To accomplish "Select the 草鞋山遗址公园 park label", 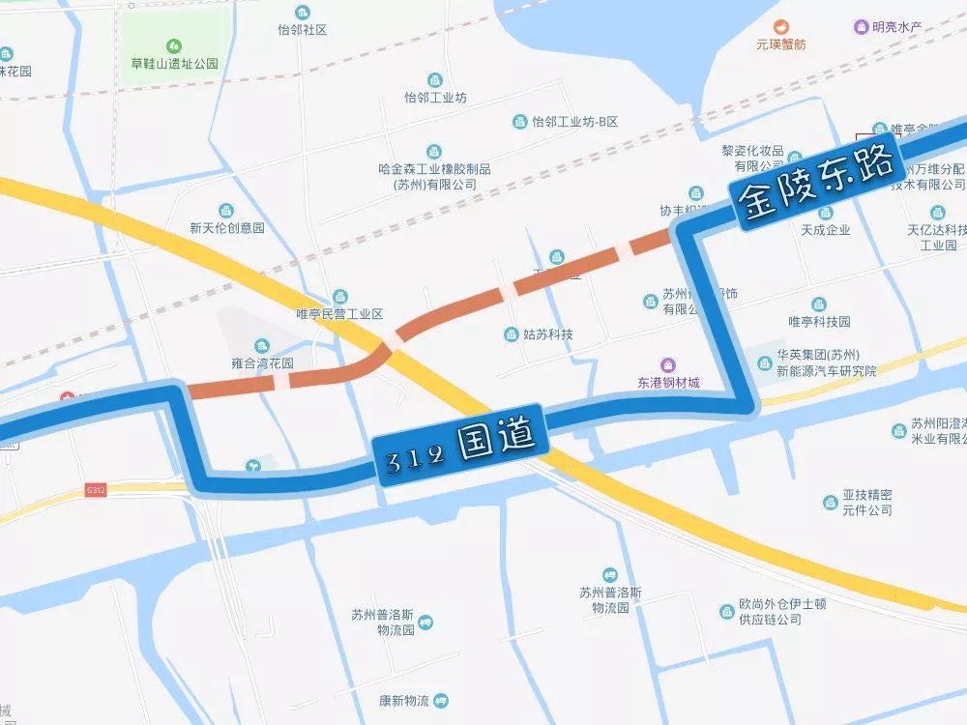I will [175, 64].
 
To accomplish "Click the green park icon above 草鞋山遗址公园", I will [174, 45].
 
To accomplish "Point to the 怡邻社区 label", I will [302, 30].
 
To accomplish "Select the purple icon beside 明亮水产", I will [861, 27].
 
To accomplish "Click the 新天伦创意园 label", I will [227, 228].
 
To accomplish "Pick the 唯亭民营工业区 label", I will [339, 314].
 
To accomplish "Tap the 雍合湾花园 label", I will [262, 363].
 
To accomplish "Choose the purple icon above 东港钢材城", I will [668, 363].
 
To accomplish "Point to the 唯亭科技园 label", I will [819, 321].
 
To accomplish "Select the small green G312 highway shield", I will [95, 490].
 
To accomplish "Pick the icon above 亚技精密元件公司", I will [831, 502].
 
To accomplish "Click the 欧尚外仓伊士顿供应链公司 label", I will [782, 611].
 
